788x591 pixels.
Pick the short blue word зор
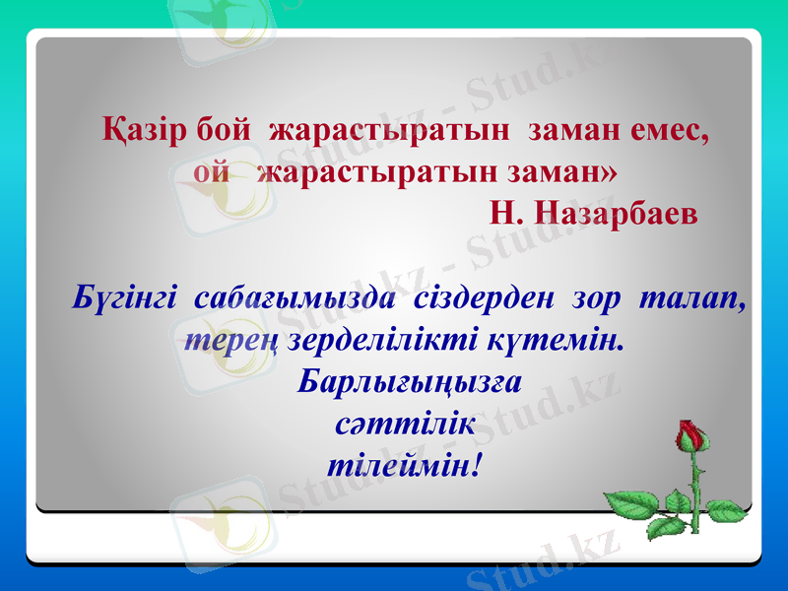point(594,297)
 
